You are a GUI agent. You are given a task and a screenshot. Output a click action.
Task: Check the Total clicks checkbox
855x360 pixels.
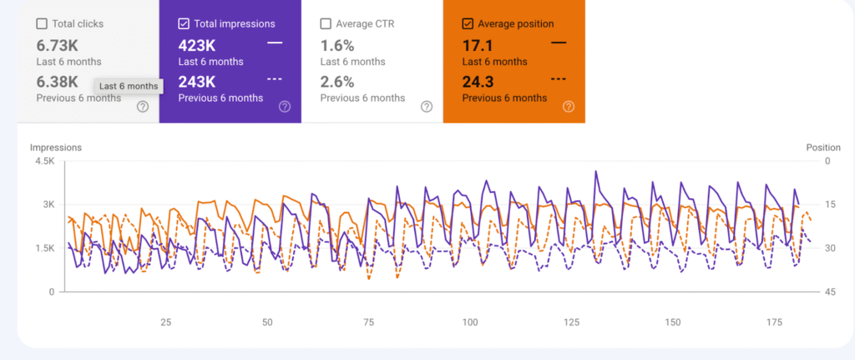tap(43, 24)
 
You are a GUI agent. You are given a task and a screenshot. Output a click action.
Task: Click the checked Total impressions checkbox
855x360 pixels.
tap(184, 24)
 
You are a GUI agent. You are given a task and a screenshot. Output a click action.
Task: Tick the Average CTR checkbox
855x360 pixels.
tap(326, 24)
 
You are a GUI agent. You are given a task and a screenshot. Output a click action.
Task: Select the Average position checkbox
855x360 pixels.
tap(468, 24)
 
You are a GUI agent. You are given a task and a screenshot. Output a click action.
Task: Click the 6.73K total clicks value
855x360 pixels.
tap(58, 43)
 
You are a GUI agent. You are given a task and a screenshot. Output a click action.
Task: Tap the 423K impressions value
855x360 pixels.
tap(198, 43)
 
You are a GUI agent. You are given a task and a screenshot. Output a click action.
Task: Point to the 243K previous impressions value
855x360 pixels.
tap(198, 82)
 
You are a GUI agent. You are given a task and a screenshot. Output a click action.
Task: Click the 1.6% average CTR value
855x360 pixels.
tap(337, 43)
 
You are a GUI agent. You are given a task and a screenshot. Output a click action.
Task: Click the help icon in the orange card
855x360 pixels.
tap(569, 106)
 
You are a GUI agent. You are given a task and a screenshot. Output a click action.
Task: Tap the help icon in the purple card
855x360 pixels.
tap(285, 106)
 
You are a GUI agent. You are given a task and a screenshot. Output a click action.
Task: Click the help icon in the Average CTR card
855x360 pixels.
tap(427, 106)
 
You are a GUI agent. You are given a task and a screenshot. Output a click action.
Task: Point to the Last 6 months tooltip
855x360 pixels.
tap(128, 86)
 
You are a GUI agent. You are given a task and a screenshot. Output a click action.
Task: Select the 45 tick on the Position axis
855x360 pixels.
tap(829, 292)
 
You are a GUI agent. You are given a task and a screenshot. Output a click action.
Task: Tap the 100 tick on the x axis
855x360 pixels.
tap(470, 322)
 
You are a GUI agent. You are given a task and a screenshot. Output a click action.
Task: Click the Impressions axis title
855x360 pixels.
tap(56, 148)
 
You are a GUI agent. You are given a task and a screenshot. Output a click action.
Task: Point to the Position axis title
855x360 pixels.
tap(823, 148)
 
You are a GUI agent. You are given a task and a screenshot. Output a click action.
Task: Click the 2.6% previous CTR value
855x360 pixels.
tap(337, 82)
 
